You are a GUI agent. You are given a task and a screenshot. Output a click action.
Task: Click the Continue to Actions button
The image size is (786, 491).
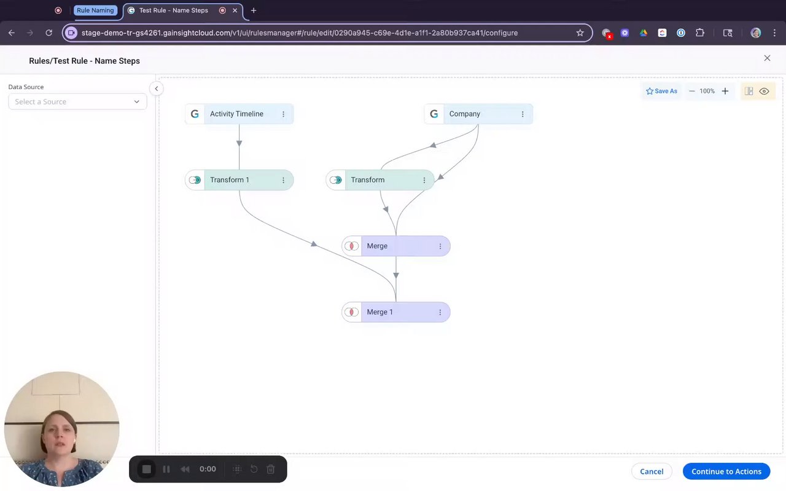click(x=726, y=471)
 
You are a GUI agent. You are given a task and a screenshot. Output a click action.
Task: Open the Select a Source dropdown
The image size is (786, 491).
click(x=77, y=101)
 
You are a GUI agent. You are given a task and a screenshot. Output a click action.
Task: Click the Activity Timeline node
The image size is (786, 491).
click(x=237, y=114)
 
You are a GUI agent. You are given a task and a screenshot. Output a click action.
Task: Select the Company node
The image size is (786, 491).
click(x=465, y=114)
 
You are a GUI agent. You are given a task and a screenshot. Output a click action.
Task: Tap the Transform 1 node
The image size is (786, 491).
click(x=230, y=180)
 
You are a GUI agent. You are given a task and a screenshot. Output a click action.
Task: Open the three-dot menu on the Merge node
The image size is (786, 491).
click(x=440, y=246)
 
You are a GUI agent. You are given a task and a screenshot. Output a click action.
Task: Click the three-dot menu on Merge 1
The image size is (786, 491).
click(x=440, y=312)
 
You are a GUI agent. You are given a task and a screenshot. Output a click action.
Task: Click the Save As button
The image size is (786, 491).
click(x=661, y=91)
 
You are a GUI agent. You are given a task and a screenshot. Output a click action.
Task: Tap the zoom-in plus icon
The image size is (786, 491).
click(x=725, y=91)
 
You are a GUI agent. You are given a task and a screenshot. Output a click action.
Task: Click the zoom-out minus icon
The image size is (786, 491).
click(x=692, y=91)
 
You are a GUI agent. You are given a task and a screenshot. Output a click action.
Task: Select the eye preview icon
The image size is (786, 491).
click(x=765, y=91)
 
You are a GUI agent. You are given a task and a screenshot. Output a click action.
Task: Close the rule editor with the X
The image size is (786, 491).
click(x=767, y=58)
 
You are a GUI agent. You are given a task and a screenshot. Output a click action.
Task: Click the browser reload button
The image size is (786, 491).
click(x=49, y=33)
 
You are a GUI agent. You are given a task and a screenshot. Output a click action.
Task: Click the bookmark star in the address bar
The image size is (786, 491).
click(x=580, y=33)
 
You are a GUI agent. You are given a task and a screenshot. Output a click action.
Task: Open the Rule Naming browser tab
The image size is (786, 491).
click(x=95, y=10)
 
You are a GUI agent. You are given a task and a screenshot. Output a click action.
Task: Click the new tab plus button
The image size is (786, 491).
click(x=254, y=10)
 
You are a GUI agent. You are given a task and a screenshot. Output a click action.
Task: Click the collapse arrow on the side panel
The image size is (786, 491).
click(x=157, y=88)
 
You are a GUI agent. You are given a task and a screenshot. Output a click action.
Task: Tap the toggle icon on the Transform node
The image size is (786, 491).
click(x=335, y=180)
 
